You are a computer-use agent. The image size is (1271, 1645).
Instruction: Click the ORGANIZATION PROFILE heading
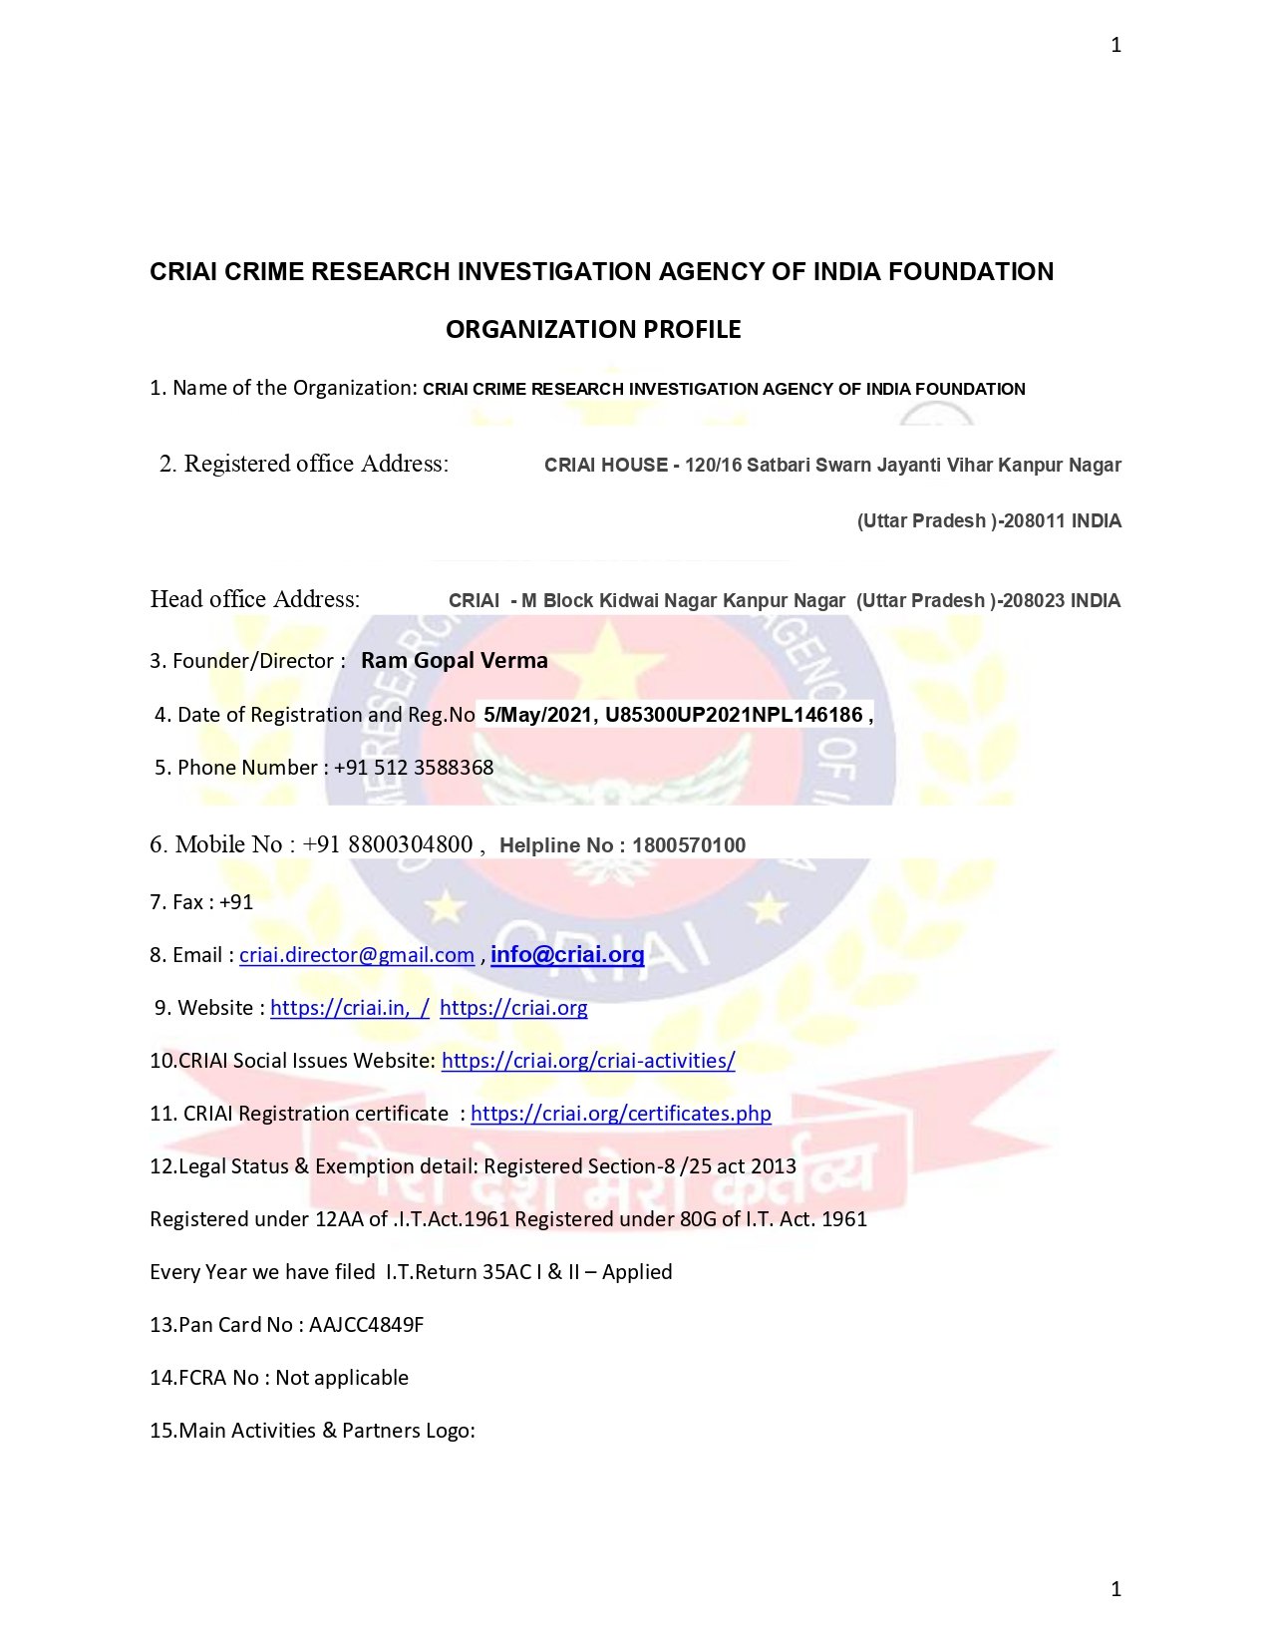point(593,330)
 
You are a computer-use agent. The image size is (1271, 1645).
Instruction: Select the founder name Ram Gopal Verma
point(454,660)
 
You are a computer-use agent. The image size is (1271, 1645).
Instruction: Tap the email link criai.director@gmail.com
point(357,955)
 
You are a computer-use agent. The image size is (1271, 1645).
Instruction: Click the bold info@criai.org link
point(567,954)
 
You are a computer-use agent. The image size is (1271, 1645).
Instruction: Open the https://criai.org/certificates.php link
point(620,1114)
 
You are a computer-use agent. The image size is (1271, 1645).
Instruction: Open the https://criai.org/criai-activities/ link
point(588,1061)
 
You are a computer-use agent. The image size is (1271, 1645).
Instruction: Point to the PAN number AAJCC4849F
point(366,1325)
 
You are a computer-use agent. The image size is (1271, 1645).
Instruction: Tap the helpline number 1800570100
point(689,845)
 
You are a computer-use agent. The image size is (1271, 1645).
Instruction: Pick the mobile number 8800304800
point(411,844)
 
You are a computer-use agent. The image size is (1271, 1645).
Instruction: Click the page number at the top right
point(1116,45)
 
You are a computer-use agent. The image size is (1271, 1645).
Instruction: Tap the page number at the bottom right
point(1116,1589)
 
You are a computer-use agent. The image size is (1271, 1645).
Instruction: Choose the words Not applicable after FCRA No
point(342,1378)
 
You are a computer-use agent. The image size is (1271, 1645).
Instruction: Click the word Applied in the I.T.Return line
point(637,1272)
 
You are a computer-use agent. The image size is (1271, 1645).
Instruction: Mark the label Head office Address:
point(255,599)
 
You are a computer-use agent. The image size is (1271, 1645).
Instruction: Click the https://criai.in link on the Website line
point(349,1008)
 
